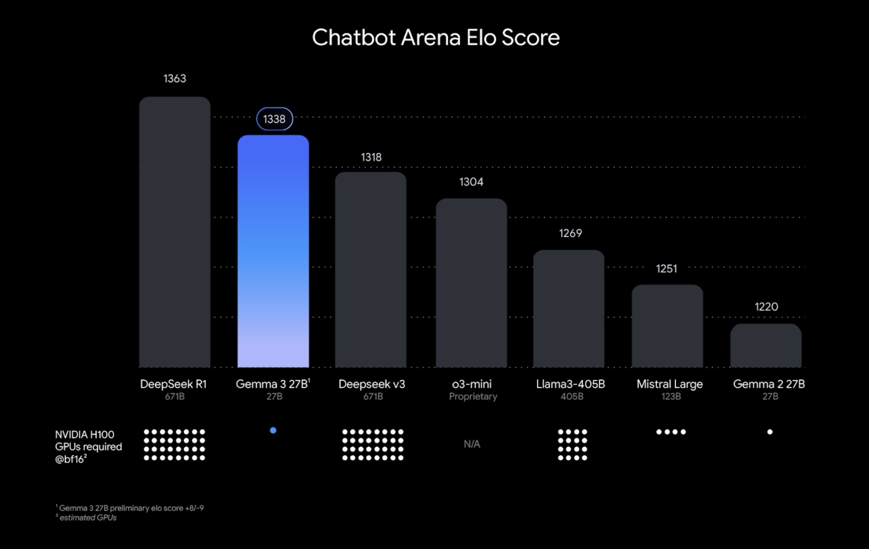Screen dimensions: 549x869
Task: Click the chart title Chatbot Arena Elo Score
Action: tap(436, 37)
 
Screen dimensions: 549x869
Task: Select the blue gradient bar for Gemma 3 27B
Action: tap(273, 251)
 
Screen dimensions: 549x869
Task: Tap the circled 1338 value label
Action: tap(274, 119)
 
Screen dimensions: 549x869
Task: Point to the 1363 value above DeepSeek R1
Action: tap(175, 78)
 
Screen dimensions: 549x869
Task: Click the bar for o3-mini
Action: tap(471, 283)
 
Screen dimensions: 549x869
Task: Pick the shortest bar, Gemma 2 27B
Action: tap(766, 346)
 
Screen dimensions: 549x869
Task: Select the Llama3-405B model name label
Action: tap(570, 384)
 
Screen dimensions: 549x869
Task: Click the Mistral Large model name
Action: tap(670, 384)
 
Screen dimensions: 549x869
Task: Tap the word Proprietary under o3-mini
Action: tap(473, 397)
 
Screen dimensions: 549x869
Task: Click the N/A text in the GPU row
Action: tap(472, 444)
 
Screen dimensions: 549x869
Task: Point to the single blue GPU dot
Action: tap(273, 430)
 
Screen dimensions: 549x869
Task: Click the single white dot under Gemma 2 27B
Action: tap(770, 432)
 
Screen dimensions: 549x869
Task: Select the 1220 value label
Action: tap(766, 307)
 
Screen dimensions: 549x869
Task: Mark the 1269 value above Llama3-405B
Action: tap(570, 233)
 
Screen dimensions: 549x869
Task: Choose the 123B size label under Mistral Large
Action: tap(671, 397)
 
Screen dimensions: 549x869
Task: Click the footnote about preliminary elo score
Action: tap(131, 508)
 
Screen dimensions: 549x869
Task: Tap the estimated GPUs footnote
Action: tap(88, 518)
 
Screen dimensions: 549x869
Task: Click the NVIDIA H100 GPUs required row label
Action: tap(88, 447)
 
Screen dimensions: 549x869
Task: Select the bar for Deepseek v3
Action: tap(371, 270)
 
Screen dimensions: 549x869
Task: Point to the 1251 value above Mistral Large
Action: tap(667, 269)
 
